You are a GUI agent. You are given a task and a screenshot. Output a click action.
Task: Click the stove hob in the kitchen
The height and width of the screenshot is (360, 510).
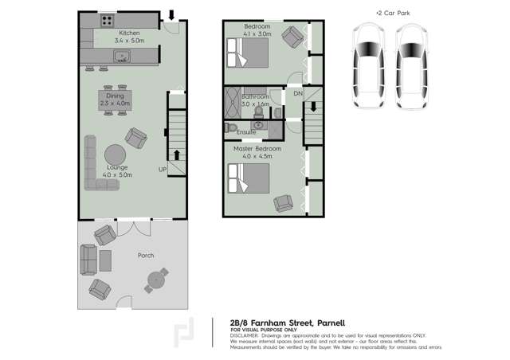(x=106, y=19)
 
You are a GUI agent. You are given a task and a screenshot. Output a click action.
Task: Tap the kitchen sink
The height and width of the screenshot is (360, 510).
(x=123, y=56)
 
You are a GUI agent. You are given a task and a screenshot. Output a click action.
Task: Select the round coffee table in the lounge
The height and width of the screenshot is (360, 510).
(x=115, y=153)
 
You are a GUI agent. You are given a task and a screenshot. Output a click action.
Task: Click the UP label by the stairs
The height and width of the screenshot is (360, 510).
(x=163, y=170)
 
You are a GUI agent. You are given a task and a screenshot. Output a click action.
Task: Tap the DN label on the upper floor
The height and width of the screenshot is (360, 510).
(x=298, y=95)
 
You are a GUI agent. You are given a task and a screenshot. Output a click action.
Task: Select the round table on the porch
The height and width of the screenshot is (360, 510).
(x=156, y=279)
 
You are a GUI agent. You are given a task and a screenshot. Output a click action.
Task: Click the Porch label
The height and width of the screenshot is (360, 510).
(x=144, y=256)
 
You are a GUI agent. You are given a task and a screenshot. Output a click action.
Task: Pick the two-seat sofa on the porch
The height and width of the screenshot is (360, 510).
(x=88, y=257)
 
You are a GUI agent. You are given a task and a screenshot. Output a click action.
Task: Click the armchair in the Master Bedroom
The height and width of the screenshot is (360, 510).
(x=283, y=203)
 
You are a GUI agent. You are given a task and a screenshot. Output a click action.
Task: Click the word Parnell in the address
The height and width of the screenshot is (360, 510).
(x=325, y=323)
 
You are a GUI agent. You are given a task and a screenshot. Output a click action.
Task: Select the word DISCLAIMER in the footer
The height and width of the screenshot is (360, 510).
(x=246, y=335)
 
